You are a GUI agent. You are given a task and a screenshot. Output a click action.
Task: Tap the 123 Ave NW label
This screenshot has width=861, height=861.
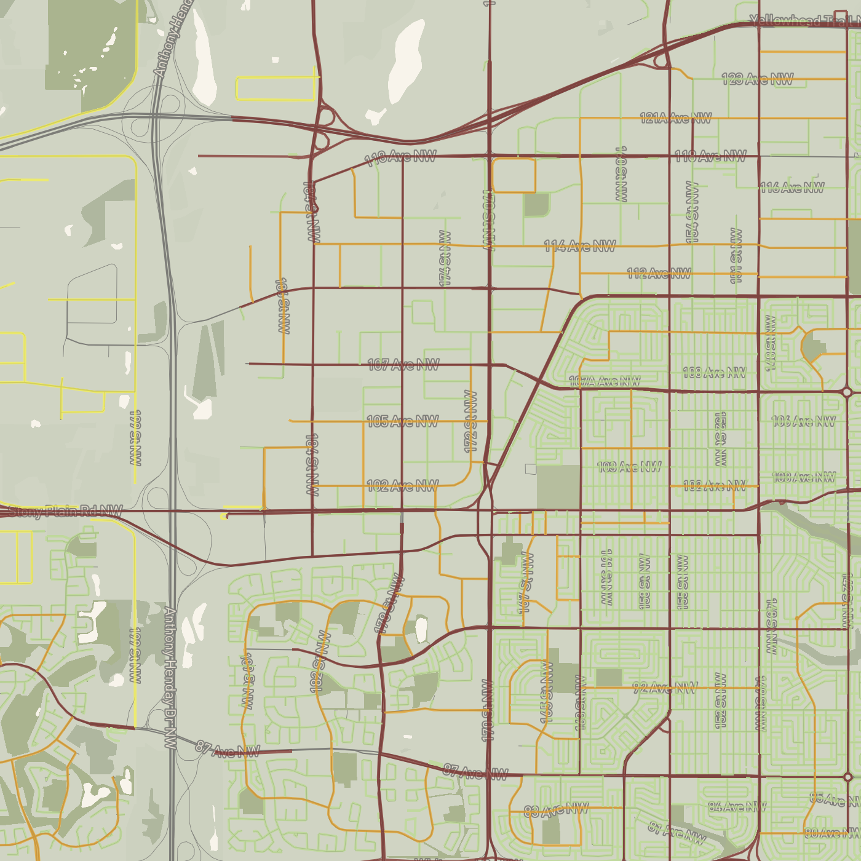(x=757, y=79)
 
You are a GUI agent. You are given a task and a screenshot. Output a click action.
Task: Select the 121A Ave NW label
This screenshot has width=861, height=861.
(x=675, y=117)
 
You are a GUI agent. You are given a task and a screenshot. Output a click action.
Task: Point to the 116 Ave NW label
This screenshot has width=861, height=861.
(x=792, y=188)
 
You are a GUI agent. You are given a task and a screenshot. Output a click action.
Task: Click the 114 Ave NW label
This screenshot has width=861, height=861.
(x=579, y=247)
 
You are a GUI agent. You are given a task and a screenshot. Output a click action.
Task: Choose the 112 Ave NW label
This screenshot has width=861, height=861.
(x=659, y=273)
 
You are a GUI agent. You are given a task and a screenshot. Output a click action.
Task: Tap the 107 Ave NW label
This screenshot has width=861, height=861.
(x=403, y=365)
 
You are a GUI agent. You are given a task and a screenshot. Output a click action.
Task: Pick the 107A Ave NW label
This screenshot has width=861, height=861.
(x=604, y=381)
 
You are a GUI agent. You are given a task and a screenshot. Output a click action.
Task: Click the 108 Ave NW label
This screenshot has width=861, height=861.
(x=714, y=373)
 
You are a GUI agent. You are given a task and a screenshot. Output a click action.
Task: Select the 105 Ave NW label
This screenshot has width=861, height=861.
(x=402, y=421)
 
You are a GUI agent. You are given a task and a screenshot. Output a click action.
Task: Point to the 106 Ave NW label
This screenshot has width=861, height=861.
(x=803, y=421)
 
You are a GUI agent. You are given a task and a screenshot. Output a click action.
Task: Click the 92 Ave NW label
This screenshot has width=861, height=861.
(x=665, y=688)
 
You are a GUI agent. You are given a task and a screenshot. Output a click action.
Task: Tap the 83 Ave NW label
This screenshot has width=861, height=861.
(x=556, y=811)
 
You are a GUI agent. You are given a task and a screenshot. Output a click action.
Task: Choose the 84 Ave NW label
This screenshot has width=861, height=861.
(x=737, y=806)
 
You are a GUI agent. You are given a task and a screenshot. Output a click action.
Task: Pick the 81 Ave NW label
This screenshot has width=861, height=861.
(x=676, y=832)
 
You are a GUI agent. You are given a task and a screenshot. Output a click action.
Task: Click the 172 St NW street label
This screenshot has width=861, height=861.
(x=470, y=421)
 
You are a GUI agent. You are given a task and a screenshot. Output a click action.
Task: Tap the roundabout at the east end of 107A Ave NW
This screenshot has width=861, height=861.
(x=847, y=392)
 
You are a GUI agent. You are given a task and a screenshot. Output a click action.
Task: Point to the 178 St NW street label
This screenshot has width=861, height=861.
(x=389, y=604)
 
